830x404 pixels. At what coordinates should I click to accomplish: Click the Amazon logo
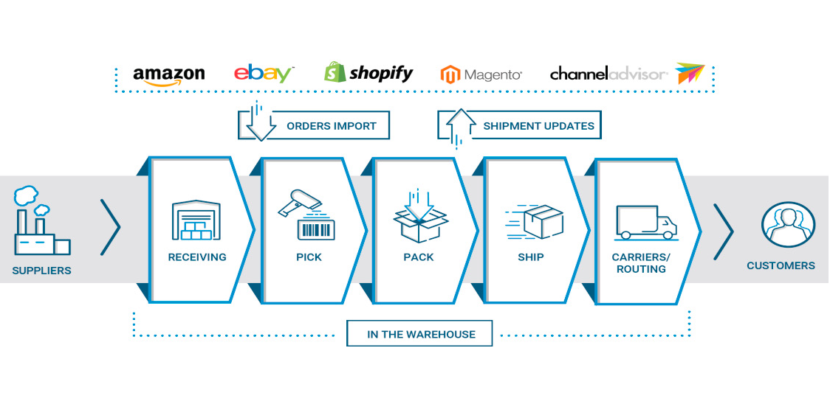pyautogui.click(x=168, y=74)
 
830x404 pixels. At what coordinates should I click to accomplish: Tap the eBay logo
pyautogui.click(x=264, y=73)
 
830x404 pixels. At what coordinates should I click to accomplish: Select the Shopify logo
pyautogui.click(x=368, y=72)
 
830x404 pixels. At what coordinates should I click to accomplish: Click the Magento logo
pyautogui.click(x=481, y=74)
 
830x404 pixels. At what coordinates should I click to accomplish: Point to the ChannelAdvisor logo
pyautogui.click(x=627, y=74)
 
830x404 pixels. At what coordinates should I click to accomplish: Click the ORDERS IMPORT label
pyautogui.click(x=331, y=126)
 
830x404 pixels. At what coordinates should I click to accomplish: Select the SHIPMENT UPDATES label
pyautogui.click(x=538, y=126)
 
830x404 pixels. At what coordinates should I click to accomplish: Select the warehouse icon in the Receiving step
pyautogui.click(x=196, y=221)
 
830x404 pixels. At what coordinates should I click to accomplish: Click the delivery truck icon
pyautogui.click(x=645, y=222)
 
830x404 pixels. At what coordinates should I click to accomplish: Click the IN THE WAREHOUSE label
pyautogui.click(x=421, y=334)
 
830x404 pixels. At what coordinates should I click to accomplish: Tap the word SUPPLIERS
pyautogui.click(x=41, y=271)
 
